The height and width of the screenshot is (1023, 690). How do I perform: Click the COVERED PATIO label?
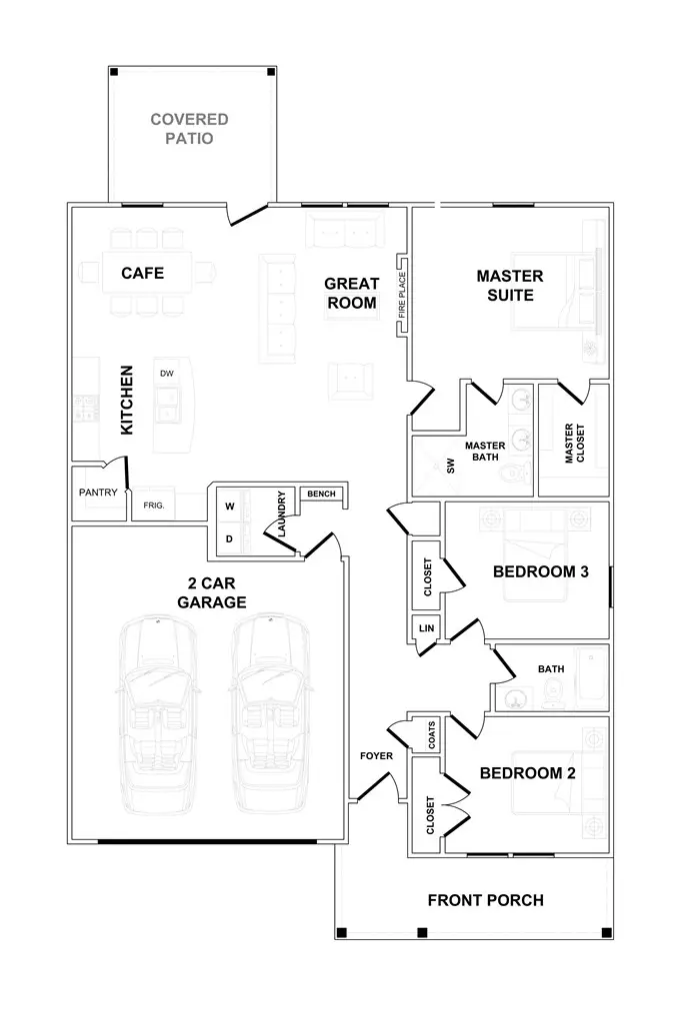189,129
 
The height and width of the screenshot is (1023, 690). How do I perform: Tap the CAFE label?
142,273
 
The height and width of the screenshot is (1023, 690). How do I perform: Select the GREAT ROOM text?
352,293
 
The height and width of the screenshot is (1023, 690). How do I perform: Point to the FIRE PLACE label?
402,295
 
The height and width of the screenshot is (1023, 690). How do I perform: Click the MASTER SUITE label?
510,285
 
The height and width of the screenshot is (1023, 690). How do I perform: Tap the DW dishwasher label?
167,374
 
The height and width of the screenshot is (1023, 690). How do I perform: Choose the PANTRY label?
98,492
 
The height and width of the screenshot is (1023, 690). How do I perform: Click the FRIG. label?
154,505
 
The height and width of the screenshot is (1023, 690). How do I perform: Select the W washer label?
230,507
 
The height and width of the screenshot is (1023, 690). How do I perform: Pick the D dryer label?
229,538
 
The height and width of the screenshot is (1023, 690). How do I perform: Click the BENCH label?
321,494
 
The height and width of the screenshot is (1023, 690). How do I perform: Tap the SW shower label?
450,466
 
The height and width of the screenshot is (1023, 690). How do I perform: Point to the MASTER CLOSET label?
574,444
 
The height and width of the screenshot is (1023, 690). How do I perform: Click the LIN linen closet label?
426,628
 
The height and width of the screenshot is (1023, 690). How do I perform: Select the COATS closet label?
431,734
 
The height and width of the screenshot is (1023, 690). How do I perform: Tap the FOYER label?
377,755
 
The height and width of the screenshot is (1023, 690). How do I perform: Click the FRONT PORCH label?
486,900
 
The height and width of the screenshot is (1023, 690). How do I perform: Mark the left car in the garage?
158,713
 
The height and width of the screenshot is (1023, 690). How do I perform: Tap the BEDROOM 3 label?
541,571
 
